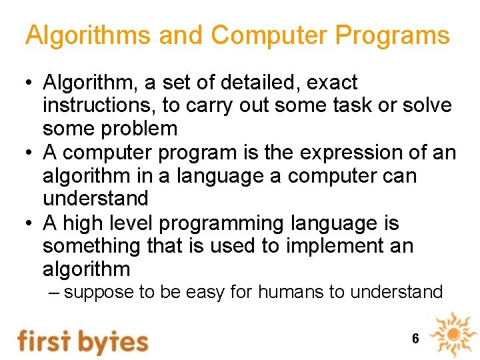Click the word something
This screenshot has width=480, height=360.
coord(91,246)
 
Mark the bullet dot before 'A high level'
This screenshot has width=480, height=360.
coord(29,223)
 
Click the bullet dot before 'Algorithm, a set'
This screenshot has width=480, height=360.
coord(29,83)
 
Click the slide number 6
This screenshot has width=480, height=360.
coord(415,339)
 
